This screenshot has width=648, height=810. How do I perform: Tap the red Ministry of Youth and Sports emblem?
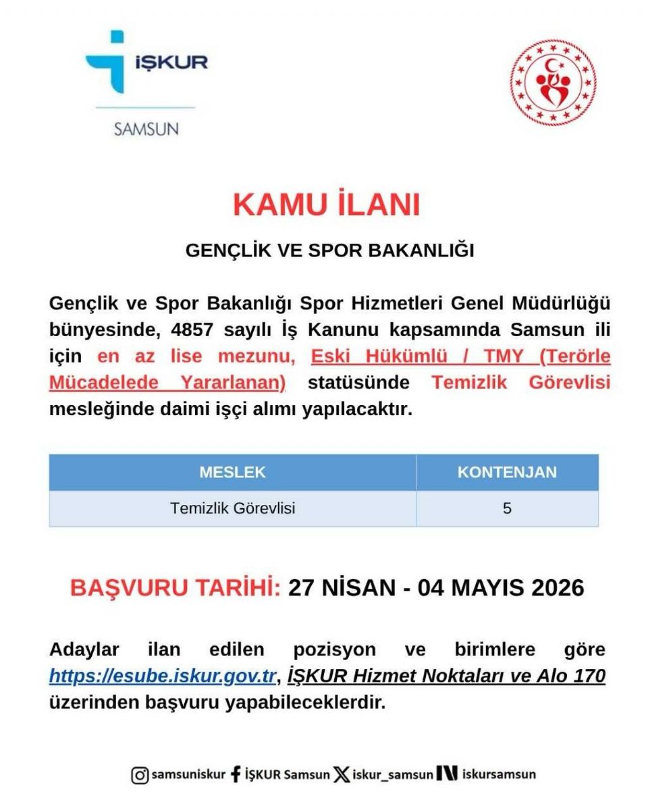tap(553, 82)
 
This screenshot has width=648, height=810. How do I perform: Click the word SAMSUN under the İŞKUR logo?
tap(146, 128)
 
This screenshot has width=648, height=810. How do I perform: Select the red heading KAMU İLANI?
tap(327, 205)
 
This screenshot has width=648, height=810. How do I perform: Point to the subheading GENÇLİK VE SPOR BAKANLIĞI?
tap(330, 250)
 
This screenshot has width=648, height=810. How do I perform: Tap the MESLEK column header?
tap(232, 473)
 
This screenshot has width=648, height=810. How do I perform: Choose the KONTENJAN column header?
tap(507, 473)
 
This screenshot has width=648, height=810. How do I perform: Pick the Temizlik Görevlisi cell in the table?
tap(232, 508)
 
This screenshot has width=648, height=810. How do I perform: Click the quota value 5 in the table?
tap(507, 508)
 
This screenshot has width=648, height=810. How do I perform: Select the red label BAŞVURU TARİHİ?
tap(175, 588)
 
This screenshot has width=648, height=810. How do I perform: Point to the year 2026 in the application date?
tap(558, 588)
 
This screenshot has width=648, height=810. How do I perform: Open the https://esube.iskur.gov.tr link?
tap(163, 676)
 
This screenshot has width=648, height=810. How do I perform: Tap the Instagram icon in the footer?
tap(140, 775)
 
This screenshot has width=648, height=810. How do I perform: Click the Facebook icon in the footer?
tap(236, 774)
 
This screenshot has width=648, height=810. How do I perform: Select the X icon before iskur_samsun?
tap(342, 775)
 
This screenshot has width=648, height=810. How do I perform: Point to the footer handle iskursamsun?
tap(499, 774)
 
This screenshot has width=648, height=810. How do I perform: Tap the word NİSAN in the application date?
tap(358, 588)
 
